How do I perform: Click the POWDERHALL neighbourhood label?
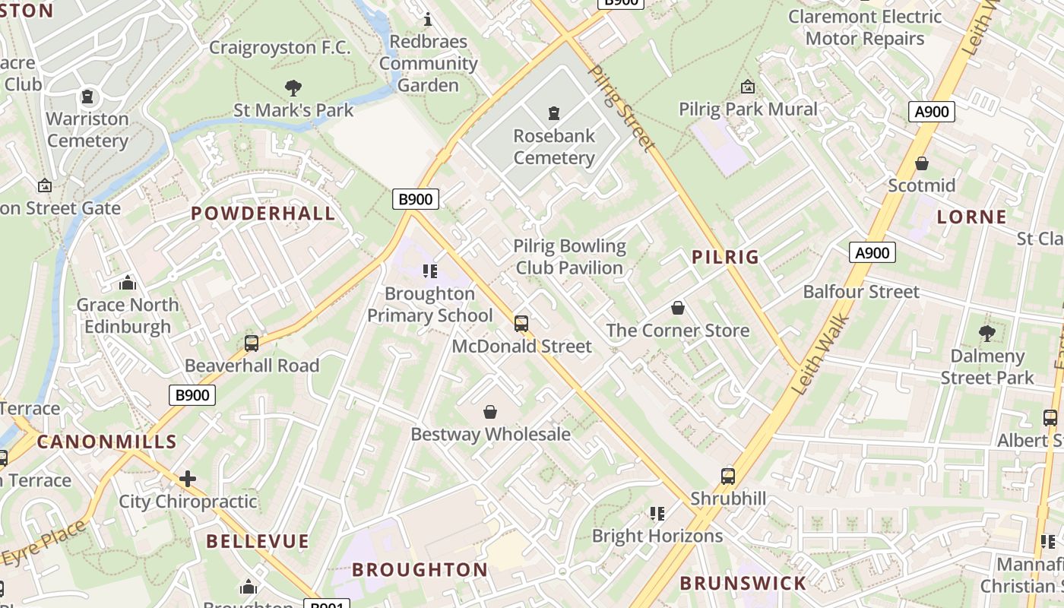coord(263,214)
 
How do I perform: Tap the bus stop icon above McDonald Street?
coord(521,324)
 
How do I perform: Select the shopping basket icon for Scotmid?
coord(922,163)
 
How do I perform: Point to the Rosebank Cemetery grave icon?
coord(554,114)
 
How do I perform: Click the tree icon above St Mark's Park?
coord(293,88)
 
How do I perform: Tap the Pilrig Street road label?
coord(621,107)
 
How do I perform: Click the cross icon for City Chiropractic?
coord(188,479)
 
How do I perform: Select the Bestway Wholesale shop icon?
coord(490,412)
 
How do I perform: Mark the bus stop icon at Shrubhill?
coord(728,477)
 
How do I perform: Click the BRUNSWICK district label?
coord(743,584)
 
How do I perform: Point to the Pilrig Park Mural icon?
coord(748,87)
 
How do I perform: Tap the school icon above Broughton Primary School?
coord(430,271)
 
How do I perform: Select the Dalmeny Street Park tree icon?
coord(986,333)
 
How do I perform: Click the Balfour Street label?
coord(861,292)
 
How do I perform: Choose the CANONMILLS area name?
coord(106,442)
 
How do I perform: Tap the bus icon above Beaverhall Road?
coord(252,344)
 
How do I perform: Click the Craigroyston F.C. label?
coord(280,48)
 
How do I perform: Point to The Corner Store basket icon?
coord(677,308)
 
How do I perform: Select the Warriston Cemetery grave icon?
coord(87,97)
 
